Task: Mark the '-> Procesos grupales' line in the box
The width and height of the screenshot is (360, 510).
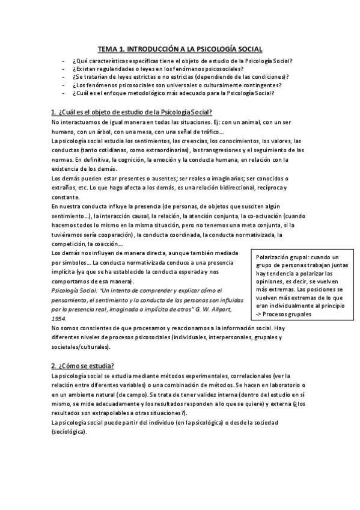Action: click(x=284, y=313)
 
